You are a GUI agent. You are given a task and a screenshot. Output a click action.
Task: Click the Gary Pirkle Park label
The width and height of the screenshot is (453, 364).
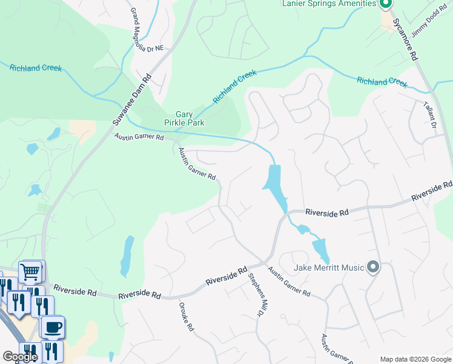pos(190,118)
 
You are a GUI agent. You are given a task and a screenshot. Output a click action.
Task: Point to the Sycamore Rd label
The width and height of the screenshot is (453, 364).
pos(406,38)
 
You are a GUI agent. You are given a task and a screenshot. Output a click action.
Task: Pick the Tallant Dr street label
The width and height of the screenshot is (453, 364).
pos(431,116)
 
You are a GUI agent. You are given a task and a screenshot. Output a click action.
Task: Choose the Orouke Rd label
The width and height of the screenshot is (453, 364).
pos(185,317)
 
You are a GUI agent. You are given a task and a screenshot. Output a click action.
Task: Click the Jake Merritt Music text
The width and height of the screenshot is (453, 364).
pos(328,268)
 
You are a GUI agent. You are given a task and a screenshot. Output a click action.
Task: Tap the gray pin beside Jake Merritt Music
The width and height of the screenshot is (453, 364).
pos(373,267)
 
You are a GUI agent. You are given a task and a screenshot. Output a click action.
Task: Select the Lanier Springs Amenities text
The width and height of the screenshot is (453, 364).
pos(329,4)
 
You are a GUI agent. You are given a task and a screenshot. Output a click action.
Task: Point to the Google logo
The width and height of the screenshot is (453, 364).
pos(19,357)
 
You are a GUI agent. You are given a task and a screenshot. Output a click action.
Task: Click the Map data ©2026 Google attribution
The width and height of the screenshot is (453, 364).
pos(415,359)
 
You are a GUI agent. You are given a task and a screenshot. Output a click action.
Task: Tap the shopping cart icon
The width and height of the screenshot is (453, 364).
pos(30,271)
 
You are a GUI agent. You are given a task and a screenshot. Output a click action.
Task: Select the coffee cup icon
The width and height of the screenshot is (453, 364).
pos(53,326)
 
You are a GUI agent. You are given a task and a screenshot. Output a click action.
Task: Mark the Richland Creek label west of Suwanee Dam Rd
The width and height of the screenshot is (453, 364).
pos(36,68)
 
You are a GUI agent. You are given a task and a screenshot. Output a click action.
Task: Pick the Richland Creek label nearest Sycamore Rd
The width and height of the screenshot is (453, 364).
pos(382,81)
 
